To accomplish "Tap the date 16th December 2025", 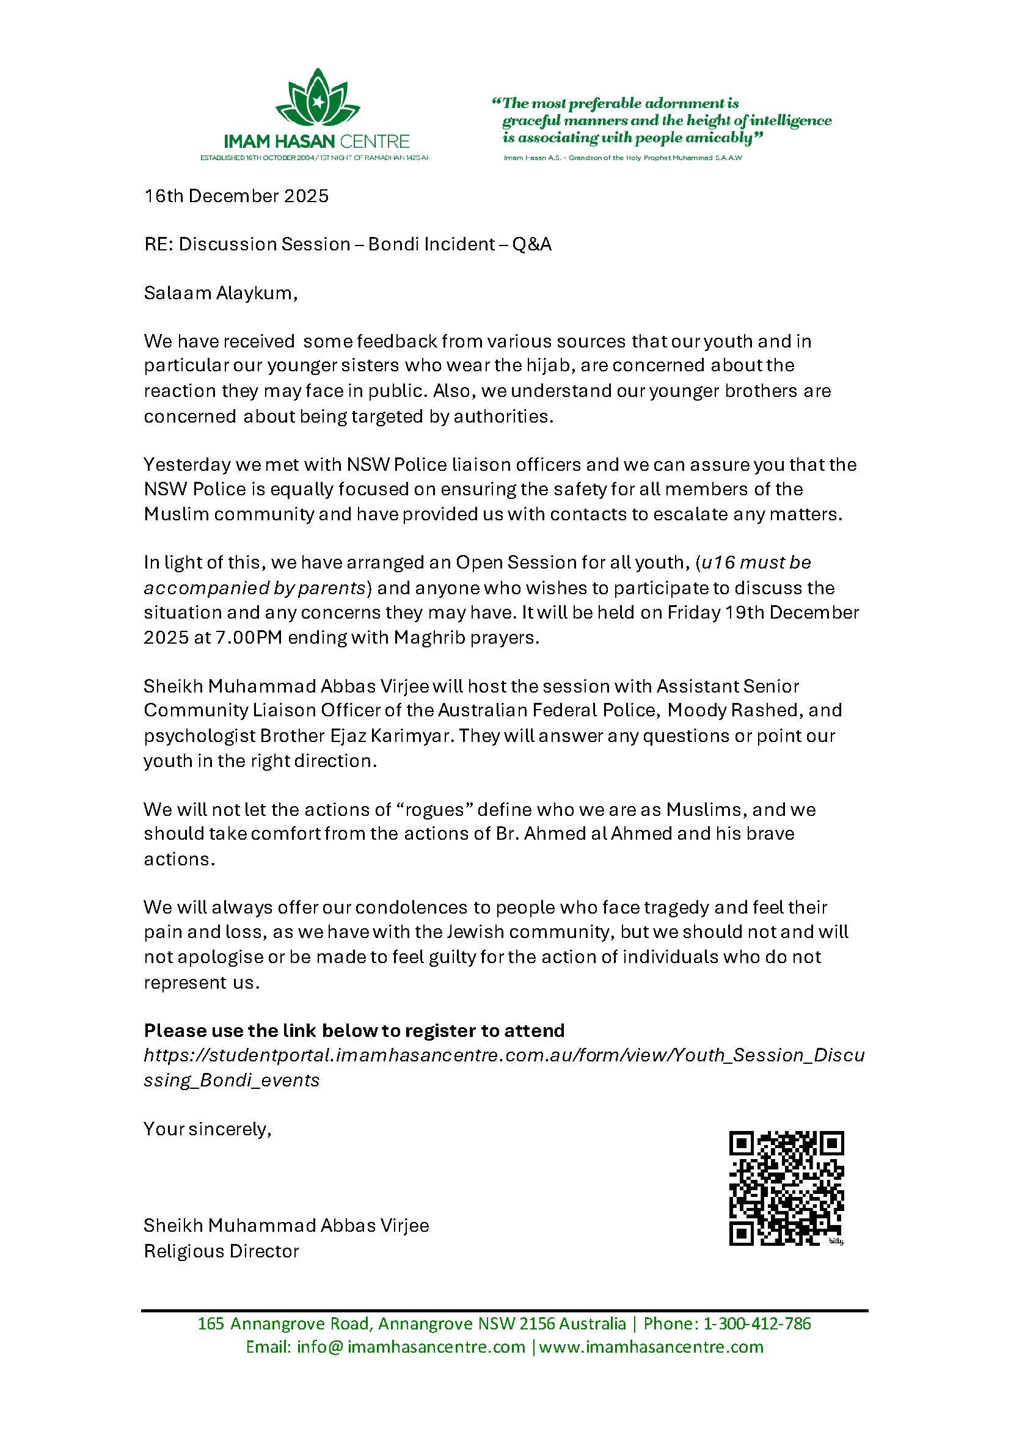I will point(236,196).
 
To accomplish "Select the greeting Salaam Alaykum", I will point(221,293).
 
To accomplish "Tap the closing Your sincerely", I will point(207,1129).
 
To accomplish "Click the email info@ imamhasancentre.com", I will point(385,1364).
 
